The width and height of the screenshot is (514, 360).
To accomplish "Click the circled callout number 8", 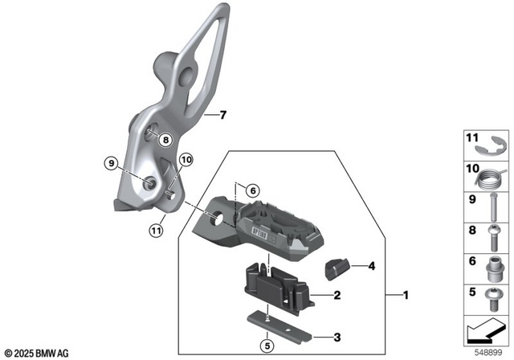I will (164, 140).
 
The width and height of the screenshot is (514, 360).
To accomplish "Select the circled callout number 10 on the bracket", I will (186, 160).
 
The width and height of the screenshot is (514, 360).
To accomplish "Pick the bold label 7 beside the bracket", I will (223, 116).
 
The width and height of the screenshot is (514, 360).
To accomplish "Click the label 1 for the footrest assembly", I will (406, 296).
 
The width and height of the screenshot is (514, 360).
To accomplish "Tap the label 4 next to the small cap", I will (372, 265).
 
